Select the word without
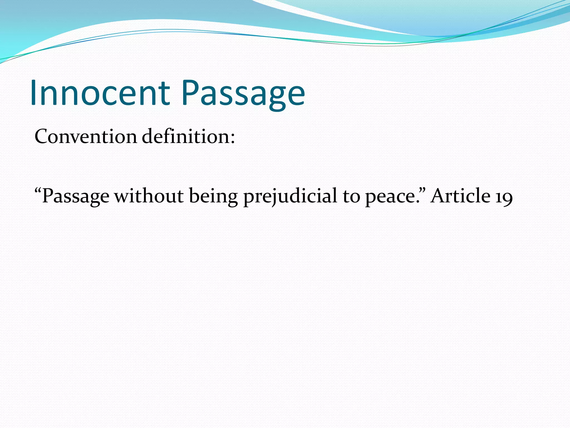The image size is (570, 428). pos(149,196)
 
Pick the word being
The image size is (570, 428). pos(213,196)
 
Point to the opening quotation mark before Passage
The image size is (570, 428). pos(38,190)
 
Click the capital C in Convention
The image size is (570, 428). pos(43,137)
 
